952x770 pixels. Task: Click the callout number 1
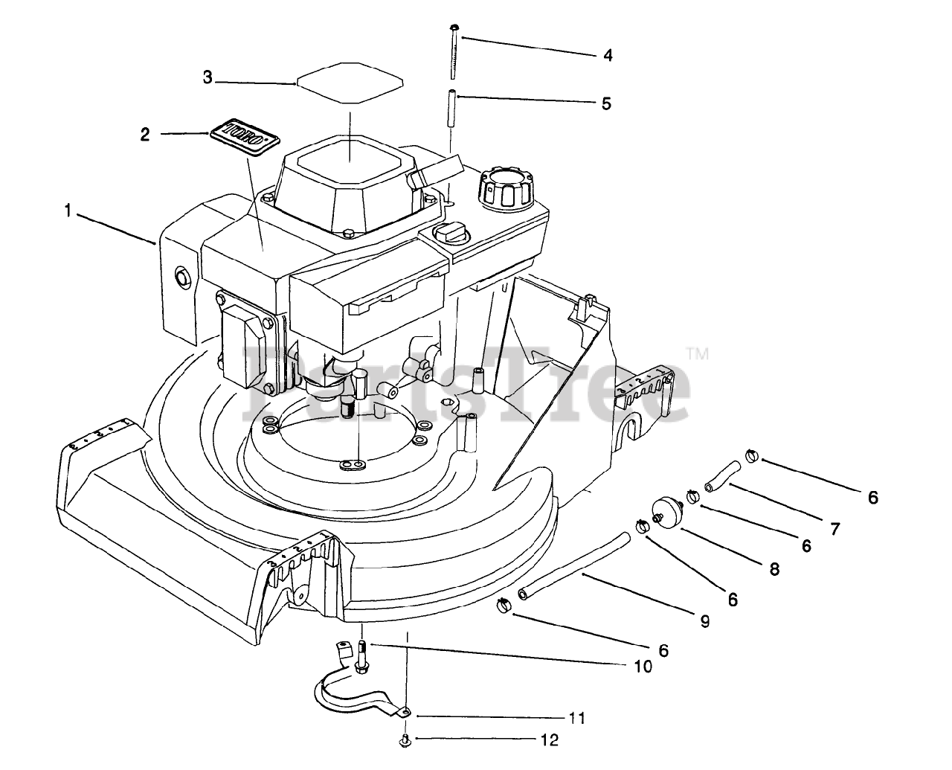tap(68, 212)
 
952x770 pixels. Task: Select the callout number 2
tap(145, 135)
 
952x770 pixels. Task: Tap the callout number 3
tap(208, 77)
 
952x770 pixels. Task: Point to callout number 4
tap(608, 55)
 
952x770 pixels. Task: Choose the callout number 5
tap(606, 103)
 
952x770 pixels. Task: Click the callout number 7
tap(835, 529)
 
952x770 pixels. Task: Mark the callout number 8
tap(774, 569)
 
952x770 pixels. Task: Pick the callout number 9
tap(704, 620)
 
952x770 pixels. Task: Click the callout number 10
tap(643, 667)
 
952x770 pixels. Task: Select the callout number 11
tap(576, 719)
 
